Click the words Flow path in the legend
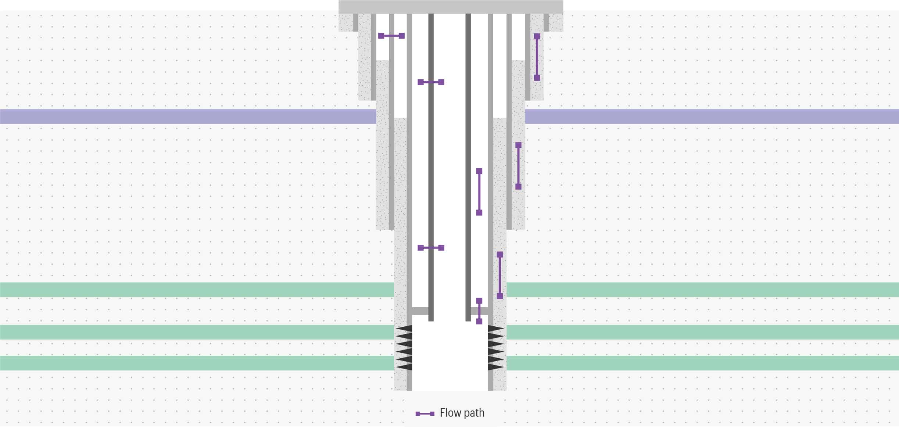click(x=462, y=413)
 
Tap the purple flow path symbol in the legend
click(x=425, y=414)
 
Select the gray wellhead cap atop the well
click(x=451, y=7)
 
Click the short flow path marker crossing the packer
click(x=479, y=311)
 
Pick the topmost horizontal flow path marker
click(x=391, y=36)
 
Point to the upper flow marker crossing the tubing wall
click(x=431, y=82)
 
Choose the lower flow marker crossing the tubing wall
click(x=431, y=248)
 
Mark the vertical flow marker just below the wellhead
click(x=537, y=57)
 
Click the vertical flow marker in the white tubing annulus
click(x=479, y=192)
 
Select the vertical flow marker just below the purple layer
click(x=518, y=166)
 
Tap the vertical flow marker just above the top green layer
click(x=500, y=275)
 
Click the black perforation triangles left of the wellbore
click(x=404, y=348)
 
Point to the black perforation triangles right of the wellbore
click(x=496, y=348)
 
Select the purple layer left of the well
click(x=188, y=116)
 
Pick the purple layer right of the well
click(x=712, y=116)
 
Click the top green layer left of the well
click(x=197, y=290)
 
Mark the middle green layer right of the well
click(x=703, y=332)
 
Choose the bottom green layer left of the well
click(x=197, y=363)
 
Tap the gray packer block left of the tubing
click(x=420, y=311)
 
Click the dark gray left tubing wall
click(x=431, y=168)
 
